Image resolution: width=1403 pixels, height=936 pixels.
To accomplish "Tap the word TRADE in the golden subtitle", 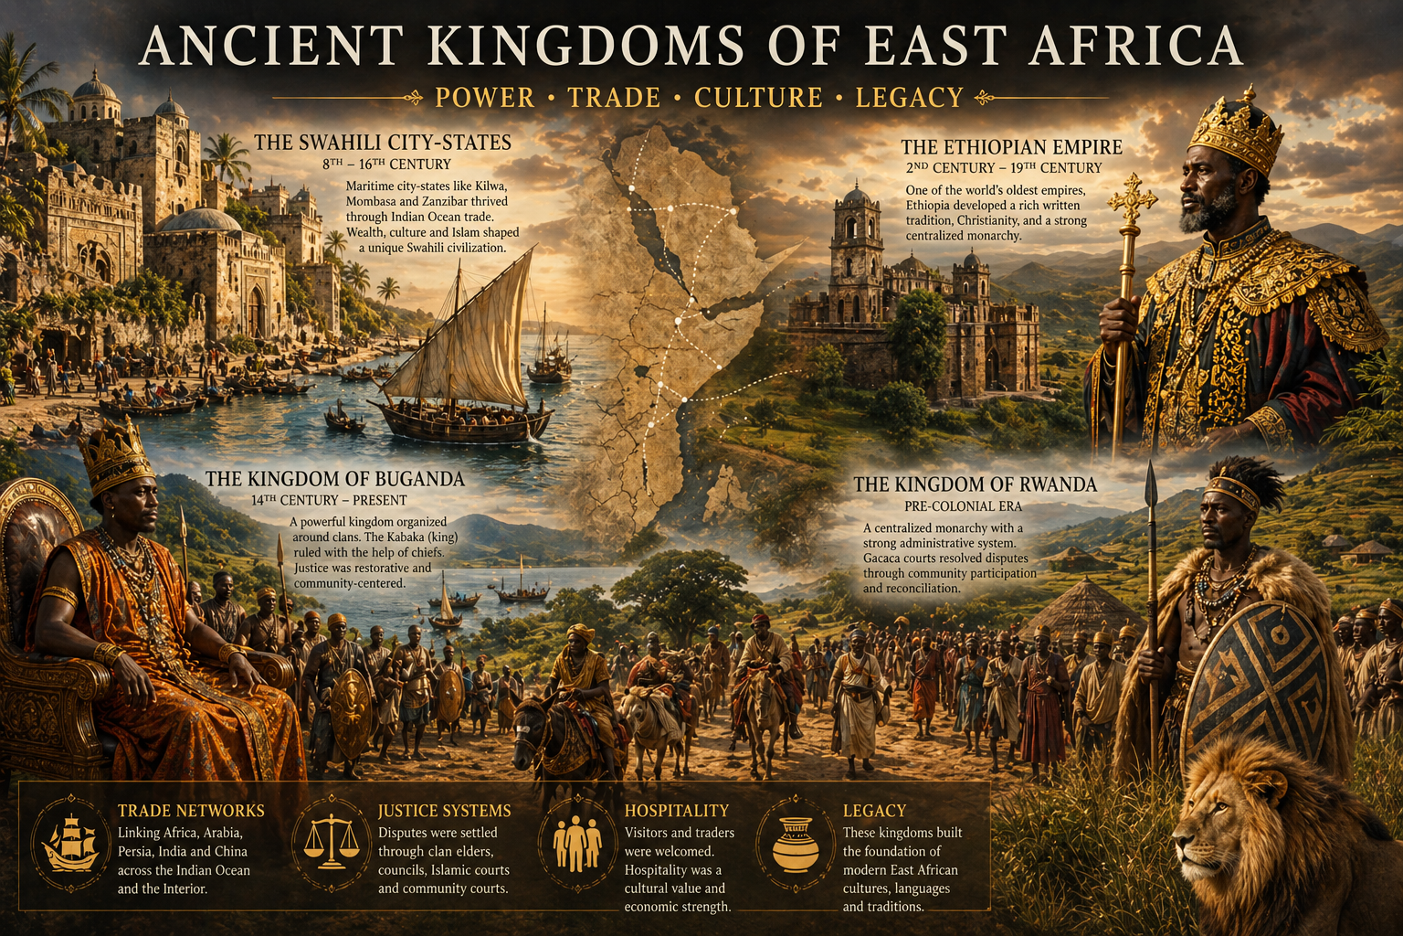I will click(x=614, y=97).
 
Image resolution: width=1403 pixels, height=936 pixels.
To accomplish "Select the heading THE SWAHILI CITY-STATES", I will click(x=383, y=143).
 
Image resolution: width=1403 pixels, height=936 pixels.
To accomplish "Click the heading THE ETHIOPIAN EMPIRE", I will click(x=1011, y=147).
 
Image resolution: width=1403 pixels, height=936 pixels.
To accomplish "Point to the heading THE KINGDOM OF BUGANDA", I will click(x=334, y=479).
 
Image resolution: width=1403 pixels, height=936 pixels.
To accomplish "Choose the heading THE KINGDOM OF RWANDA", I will click(x=976, y=484).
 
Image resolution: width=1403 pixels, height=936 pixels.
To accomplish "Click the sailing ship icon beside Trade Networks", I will click(x=71, y=842).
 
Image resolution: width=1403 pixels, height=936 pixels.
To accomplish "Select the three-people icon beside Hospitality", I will click(x=577, y=842).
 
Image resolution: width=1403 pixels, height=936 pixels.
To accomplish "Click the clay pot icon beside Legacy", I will click(x=796, y=842).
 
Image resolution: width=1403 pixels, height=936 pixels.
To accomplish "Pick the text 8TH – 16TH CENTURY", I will click(x=386, y=165).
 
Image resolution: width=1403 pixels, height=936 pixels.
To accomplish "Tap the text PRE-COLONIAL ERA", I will click(x=963, y=506).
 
